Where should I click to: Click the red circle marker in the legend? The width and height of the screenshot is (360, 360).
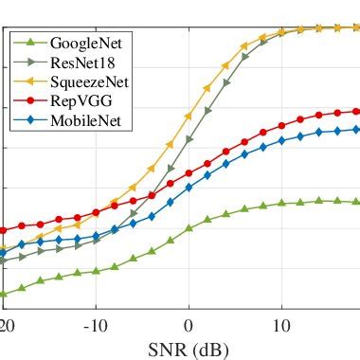point(30,100)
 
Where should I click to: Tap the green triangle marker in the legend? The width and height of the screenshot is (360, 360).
point(30,44)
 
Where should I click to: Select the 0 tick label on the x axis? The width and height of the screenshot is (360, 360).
point(189,326)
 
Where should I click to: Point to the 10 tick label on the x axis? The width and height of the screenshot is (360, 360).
point(281,326)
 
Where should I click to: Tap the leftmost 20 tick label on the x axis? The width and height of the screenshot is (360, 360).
point(8,326)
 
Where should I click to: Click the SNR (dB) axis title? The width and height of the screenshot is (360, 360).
point(189,349)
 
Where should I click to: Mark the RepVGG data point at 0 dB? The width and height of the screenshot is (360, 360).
point(189,173)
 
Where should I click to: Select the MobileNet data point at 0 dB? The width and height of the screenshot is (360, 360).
point(189,188)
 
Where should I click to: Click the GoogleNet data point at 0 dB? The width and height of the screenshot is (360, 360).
point(189,228)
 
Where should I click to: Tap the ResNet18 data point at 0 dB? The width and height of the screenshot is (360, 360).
point(189,139)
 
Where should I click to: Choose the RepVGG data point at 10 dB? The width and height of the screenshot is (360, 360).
point(281,126)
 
